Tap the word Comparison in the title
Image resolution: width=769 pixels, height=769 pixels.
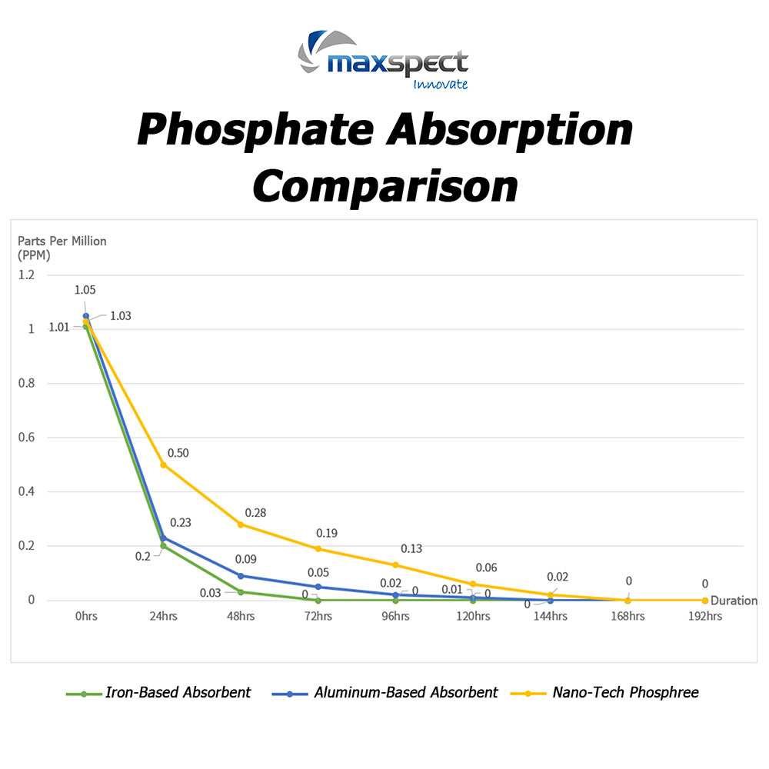click(385, 185)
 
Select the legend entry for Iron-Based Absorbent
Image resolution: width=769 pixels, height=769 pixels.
click(167, 692)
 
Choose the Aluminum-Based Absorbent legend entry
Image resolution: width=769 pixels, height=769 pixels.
click(385, 692)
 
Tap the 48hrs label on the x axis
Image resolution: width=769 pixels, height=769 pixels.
click(240, 617)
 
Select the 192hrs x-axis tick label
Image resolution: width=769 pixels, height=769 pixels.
click(704, 617)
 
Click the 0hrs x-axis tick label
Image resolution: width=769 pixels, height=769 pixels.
click(85, 617)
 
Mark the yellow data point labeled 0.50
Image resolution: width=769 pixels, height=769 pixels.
click(163, 464)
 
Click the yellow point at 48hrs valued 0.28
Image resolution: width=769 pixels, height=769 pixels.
click(240, 524)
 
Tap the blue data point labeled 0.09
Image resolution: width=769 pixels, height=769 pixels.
click(240, 576)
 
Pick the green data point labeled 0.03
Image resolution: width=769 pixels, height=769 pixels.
click(240, 592)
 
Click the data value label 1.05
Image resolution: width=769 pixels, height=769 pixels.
click(85, 290)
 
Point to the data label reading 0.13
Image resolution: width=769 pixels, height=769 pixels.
click(411, 549)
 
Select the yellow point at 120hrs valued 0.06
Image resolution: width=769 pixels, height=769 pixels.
click(473, 584)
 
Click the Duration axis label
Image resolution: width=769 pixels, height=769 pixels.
click(734, 601)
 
